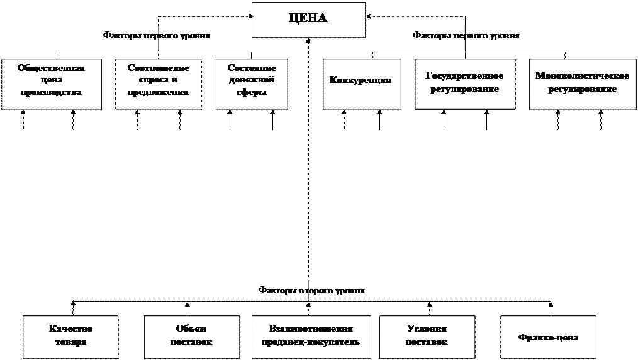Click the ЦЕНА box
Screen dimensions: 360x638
[308, 19]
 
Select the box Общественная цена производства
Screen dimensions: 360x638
[51, 84]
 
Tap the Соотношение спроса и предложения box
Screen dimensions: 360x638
[159, 84]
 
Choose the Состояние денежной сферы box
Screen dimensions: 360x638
[251, 84]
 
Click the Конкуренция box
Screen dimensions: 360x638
[362, 84]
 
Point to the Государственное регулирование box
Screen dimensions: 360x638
[465, 84]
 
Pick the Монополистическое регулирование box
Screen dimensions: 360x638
[582, 84]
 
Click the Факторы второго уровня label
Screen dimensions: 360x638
[311, 291]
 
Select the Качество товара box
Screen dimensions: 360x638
[70, 337]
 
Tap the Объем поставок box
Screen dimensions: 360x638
[191, 337]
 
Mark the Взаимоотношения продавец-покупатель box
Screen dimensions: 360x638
[311, 337]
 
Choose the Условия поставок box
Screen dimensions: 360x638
[427, 337]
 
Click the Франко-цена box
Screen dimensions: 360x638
[548, 337]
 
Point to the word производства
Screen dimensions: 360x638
[51, 93]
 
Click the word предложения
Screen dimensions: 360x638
[159, 93]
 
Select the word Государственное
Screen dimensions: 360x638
[465, 76]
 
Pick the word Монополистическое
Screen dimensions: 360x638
[582, 76]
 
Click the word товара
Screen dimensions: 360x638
[70, 342]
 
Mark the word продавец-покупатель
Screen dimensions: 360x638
[311, 342]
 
